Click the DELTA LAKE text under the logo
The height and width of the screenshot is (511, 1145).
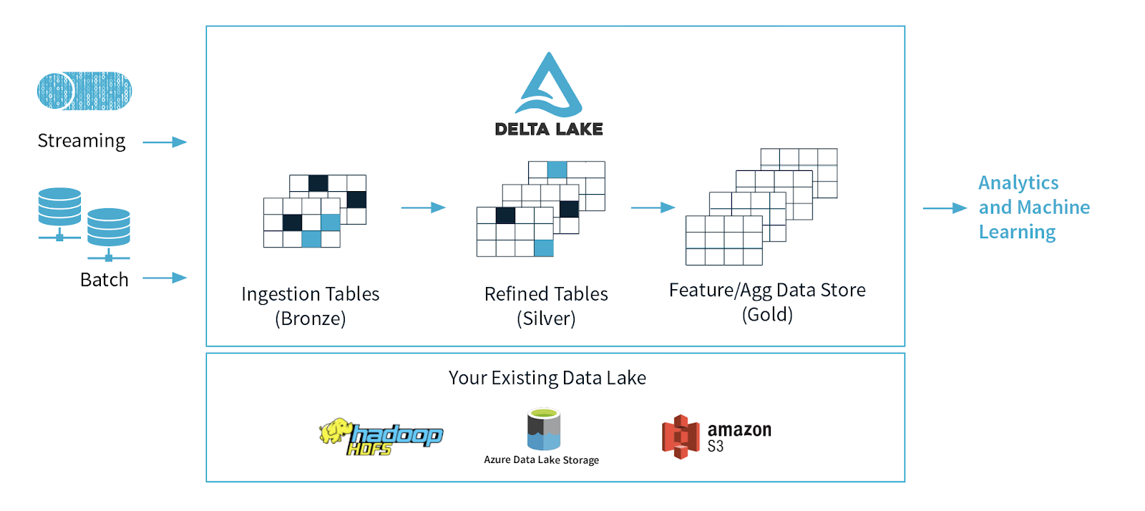point(549,130)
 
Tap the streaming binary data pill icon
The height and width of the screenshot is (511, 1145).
point(84,91)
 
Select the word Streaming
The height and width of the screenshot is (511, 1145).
point(82,141)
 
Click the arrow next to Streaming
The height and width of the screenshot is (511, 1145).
point(165,142)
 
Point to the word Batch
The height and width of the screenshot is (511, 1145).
point(104,280)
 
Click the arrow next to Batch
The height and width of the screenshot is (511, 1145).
point(165,278)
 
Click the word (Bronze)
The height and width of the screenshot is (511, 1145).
point(310,318)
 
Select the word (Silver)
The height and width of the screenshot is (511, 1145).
point(546,318)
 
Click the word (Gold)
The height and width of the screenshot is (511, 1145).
point(767,314)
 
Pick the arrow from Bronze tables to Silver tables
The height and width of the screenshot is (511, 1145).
point(423,208)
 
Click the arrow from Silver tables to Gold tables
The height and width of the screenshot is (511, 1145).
point(653,208)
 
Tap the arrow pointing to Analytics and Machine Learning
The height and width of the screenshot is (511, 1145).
point(945,208)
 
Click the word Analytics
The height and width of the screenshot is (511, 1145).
point(1018,183)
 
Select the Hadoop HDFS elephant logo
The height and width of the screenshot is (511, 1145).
point(336,432)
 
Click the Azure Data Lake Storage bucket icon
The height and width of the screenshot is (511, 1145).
point(544,429)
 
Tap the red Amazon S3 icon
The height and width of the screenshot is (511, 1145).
point(680,436)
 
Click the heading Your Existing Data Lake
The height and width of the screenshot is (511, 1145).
point(547,378)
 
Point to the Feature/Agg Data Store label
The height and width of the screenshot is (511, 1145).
point(767,290)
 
